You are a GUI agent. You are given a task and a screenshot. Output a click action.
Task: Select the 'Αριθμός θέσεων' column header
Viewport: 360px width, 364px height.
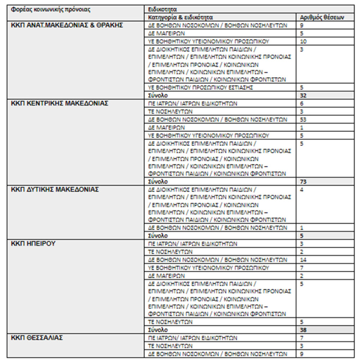[x=322, y=18]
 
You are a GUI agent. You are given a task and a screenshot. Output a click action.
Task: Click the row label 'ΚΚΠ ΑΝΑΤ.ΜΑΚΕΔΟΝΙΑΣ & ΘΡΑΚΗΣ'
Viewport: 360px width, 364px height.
[x=68, y=25]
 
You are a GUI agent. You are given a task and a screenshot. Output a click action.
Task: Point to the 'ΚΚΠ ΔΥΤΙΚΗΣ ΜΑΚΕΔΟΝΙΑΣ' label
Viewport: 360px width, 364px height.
[x=55, y=190]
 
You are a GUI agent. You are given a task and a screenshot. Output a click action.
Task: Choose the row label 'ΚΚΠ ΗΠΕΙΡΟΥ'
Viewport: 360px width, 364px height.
[x=34, y=244]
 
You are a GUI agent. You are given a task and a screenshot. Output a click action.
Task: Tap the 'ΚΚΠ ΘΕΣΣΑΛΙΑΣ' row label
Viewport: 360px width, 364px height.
[x=37, y=338]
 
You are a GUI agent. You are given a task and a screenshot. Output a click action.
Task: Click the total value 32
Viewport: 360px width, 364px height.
[x=304, y=96]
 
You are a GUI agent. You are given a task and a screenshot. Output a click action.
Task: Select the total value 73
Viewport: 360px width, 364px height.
[x=304, y=181]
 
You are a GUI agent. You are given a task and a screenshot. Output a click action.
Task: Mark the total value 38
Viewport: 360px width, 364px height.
[x=304, y=330]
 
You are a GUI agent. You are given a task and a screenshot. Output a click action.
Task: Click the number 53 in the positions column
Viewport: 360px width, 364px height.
[x=303, y=119]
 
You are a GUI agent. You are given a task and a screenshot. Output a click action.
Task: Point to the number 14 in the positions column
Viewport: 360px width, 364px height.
[x=303, y=259]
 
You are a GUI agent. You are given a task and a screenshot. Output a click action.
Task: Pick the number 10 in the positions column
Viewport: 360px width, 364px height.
[x=303, y=41]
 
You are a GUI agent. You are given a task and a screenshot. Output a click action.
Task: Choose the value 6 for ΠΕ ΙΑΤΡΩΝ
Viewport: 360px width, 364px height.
[x=301, y=103]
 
